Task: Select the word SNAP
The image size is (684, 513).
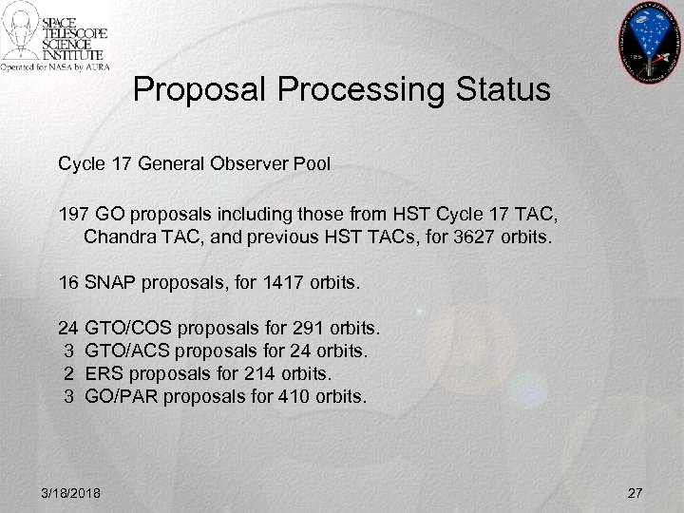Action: tap(110, 281)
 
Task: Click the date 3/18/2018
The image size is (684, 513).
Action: tap(73, 491)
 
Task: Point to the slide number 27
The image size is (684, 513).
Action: tap(636, 491)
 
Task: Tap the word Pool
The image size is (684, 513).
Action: tap(311, 164)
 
